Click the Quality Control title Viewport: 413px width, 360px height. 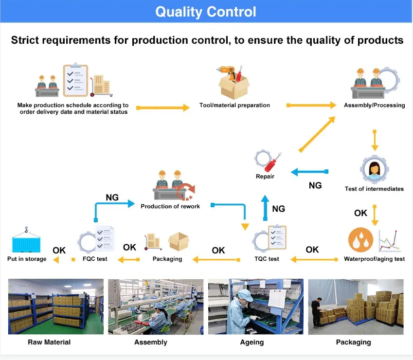tap(206, 12)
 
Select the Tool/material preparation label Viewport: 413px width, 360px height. tap(234, 106)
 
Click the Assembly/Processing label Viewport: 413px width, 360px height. tap(374, 106)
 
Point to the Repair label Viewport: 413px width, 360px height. tap(265, 177)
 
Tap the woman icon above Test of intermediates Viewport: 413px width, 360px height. tap(374, 169)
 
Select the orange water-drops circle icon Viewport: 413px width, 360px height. tap(360, 240)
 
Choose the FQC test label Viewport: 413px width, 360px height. tap(95, 259)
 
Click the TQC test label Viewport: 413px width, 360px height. tap(267, 259)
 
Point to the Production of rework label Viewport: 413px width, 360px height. tap(170, 206)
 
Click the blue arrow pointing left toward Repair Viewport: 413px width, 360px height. tap(309, 172)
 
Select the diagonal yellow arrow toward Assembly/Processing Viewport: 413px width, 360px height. tap(317, 134)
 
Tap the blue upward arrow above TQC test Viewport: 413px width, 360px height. tap(265, 208)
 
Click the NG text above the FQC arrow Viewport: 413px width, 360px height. tap(112, 197)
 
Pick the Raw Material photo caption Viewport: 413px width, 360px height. tap(49, 342)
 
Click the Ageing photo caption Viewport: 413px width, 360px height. tap(252, 342)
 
